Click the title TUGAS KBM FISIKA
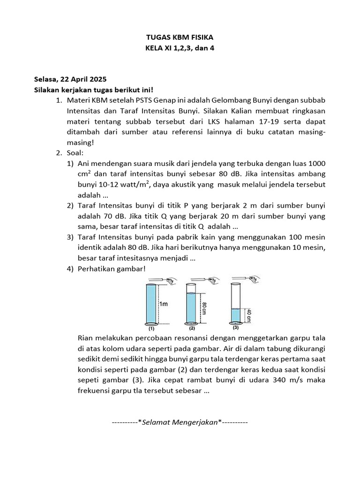[x=180, y=37]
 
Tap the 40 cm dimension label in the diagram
[x=249, y=315]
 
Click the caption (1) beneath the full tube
[x=151, y=329]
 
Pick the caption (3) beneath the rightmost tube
[x=236, y=327]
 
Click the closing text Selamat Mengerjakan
[x=180, y=422]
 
